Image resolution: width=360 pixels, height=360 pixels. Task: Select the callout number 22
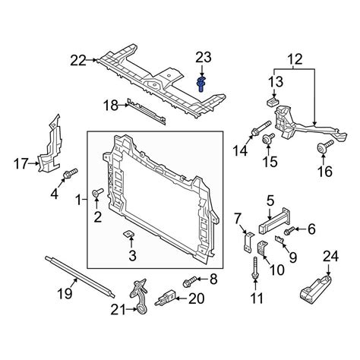[78, 61]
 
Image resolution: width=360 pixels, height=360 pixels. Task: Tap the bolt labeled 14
[261, 128]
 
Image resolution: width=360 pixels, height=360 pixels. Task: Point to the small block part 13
[273, 102]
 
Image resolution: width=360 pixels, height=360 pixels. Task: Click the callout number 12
[295, 59]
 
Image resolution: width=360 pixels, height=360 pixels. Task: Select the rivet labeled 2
[97, 192]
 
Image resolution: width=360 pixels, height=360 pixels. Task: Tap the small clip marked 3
[129, 234]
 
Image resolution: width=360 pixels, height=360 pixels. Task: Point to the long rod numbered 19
[80, 276]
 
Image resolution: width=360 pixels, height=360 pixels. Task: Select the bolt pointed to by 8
[189, 282]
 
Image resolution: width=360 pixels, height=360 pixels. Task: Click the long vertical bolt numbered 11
[255, 268]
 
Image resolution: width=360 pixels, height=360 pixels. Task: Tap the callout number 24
[330, 257]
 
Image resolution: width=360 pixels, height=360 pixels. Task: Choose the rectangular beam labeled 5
[274, 220]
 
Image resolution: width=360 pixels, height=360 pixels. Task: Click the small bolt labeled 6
[289, 230]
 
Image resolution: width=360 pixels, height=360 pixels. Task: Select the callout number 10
[276, 270]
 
